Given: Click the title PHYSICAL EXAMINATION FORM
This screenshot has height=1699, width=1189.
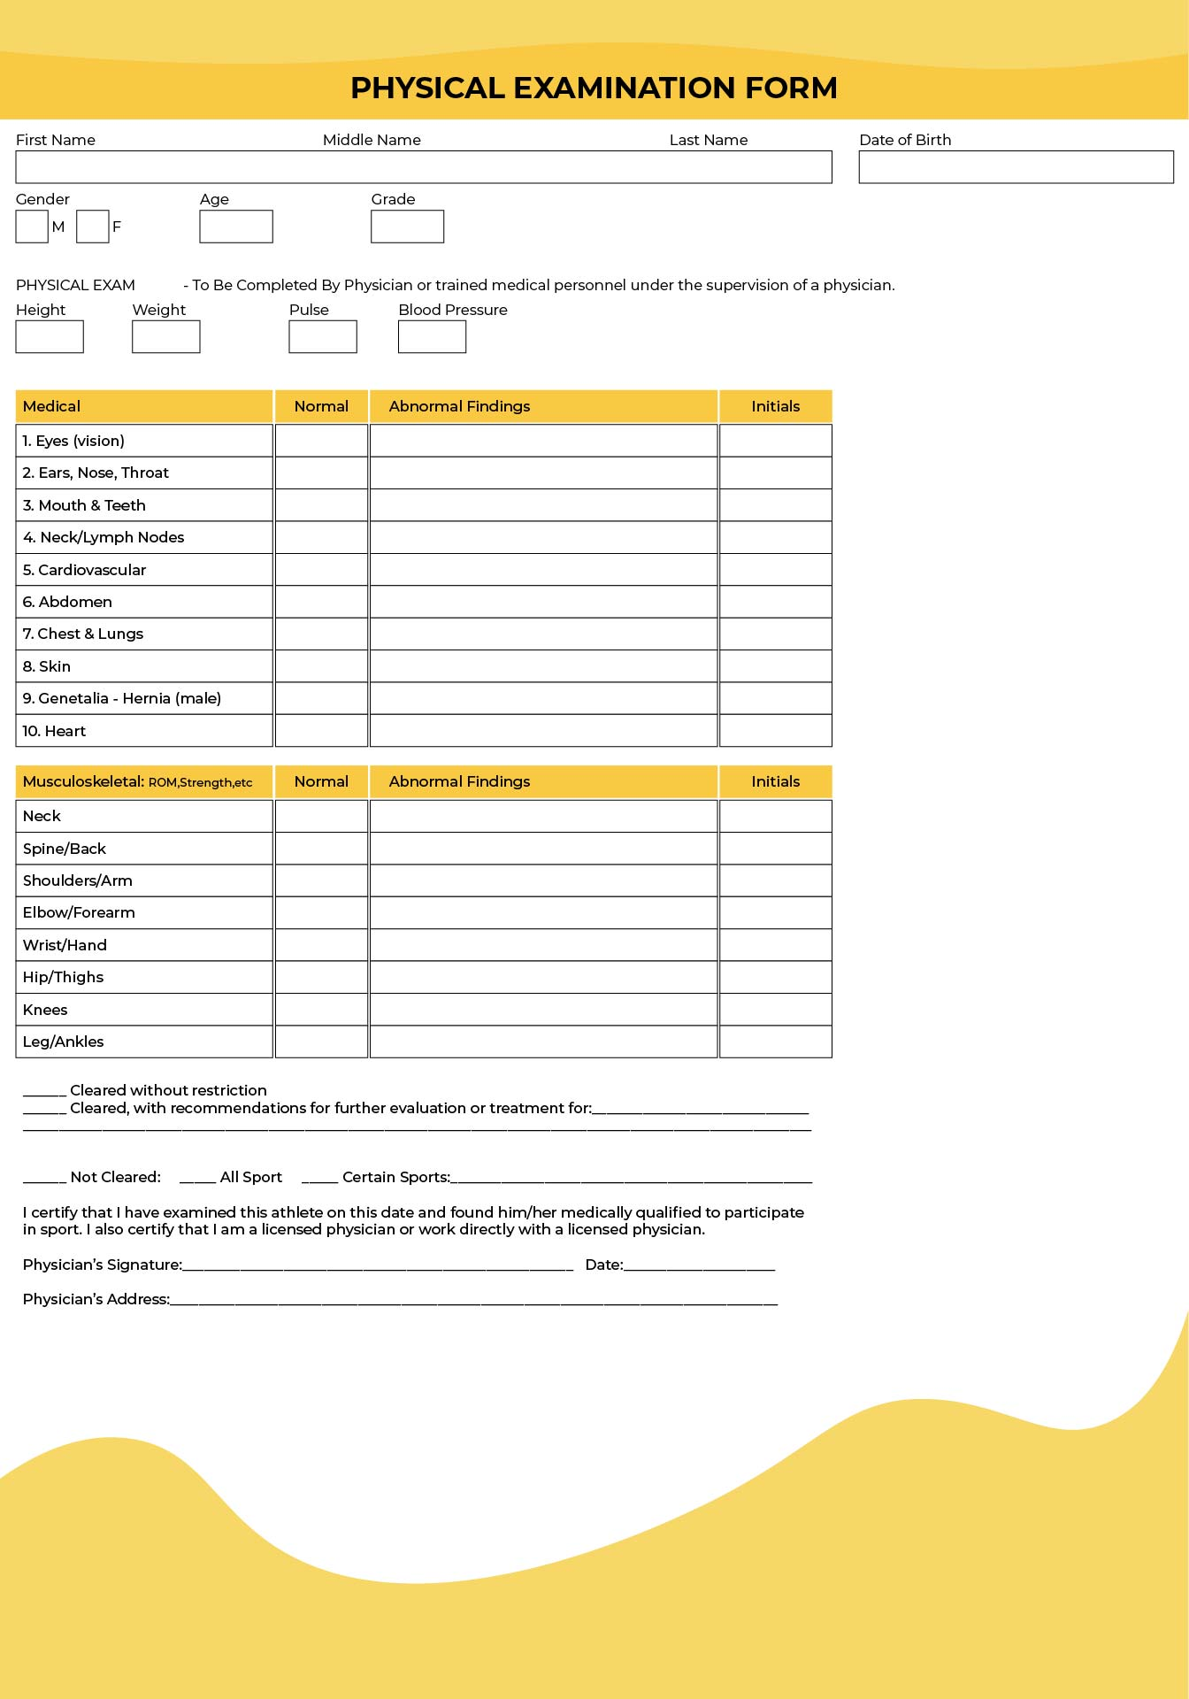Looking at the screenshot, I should point(594,88).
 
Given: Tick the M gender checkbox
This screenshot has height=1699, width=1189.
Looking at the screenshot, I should point(32,227).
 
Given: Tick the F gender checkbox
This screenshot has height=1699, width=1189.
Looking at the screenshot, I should point(92,227).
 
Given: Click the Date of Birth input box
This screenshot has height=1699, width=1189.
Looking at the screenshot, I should point(1016,167).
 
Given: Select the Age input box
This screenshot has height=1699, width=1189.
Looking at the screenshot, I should point(236,227).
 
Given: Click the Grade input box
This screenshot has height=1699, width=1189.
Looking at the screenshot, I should point(407,227).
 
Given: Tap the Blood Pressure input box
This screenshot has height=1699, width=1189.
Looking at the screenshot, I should point(432,337).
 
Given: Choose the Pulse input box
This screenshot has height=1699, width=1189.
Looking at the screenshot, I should point(323,337).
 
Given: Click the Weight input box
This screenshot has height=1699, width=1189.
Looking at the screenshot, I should point(166,337).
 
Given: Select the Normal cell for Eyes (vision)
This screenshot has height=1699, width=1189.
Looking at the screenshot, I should point(321,441).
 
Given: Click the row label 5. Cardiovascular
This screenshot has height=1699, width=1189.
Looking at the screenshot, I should point(85,570).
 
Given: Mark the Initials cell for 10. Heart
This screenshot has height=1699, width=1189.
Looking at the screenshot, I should point(775,731).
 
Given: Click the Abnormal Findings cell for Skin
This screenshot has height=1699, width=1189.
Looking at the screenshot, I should point(543,666).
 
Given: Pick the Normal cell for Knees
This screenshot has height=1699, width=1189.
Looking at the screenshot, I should point(321,1010).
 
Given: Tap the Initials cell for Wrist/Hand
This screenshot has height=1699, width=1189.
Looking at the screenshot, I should point(775,945).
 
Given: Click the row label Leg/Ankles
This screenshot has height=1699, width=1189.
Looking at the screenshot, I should point(64,1042).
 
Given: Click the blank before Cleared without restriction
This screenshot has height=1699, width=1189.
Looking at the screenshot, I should point(44,1091).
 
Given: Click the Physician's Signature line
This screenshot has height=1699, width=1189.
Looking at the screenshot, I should point(378,1265).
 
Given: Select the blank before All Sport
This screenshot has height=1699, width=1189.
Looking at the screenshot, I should point(197,1178).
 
